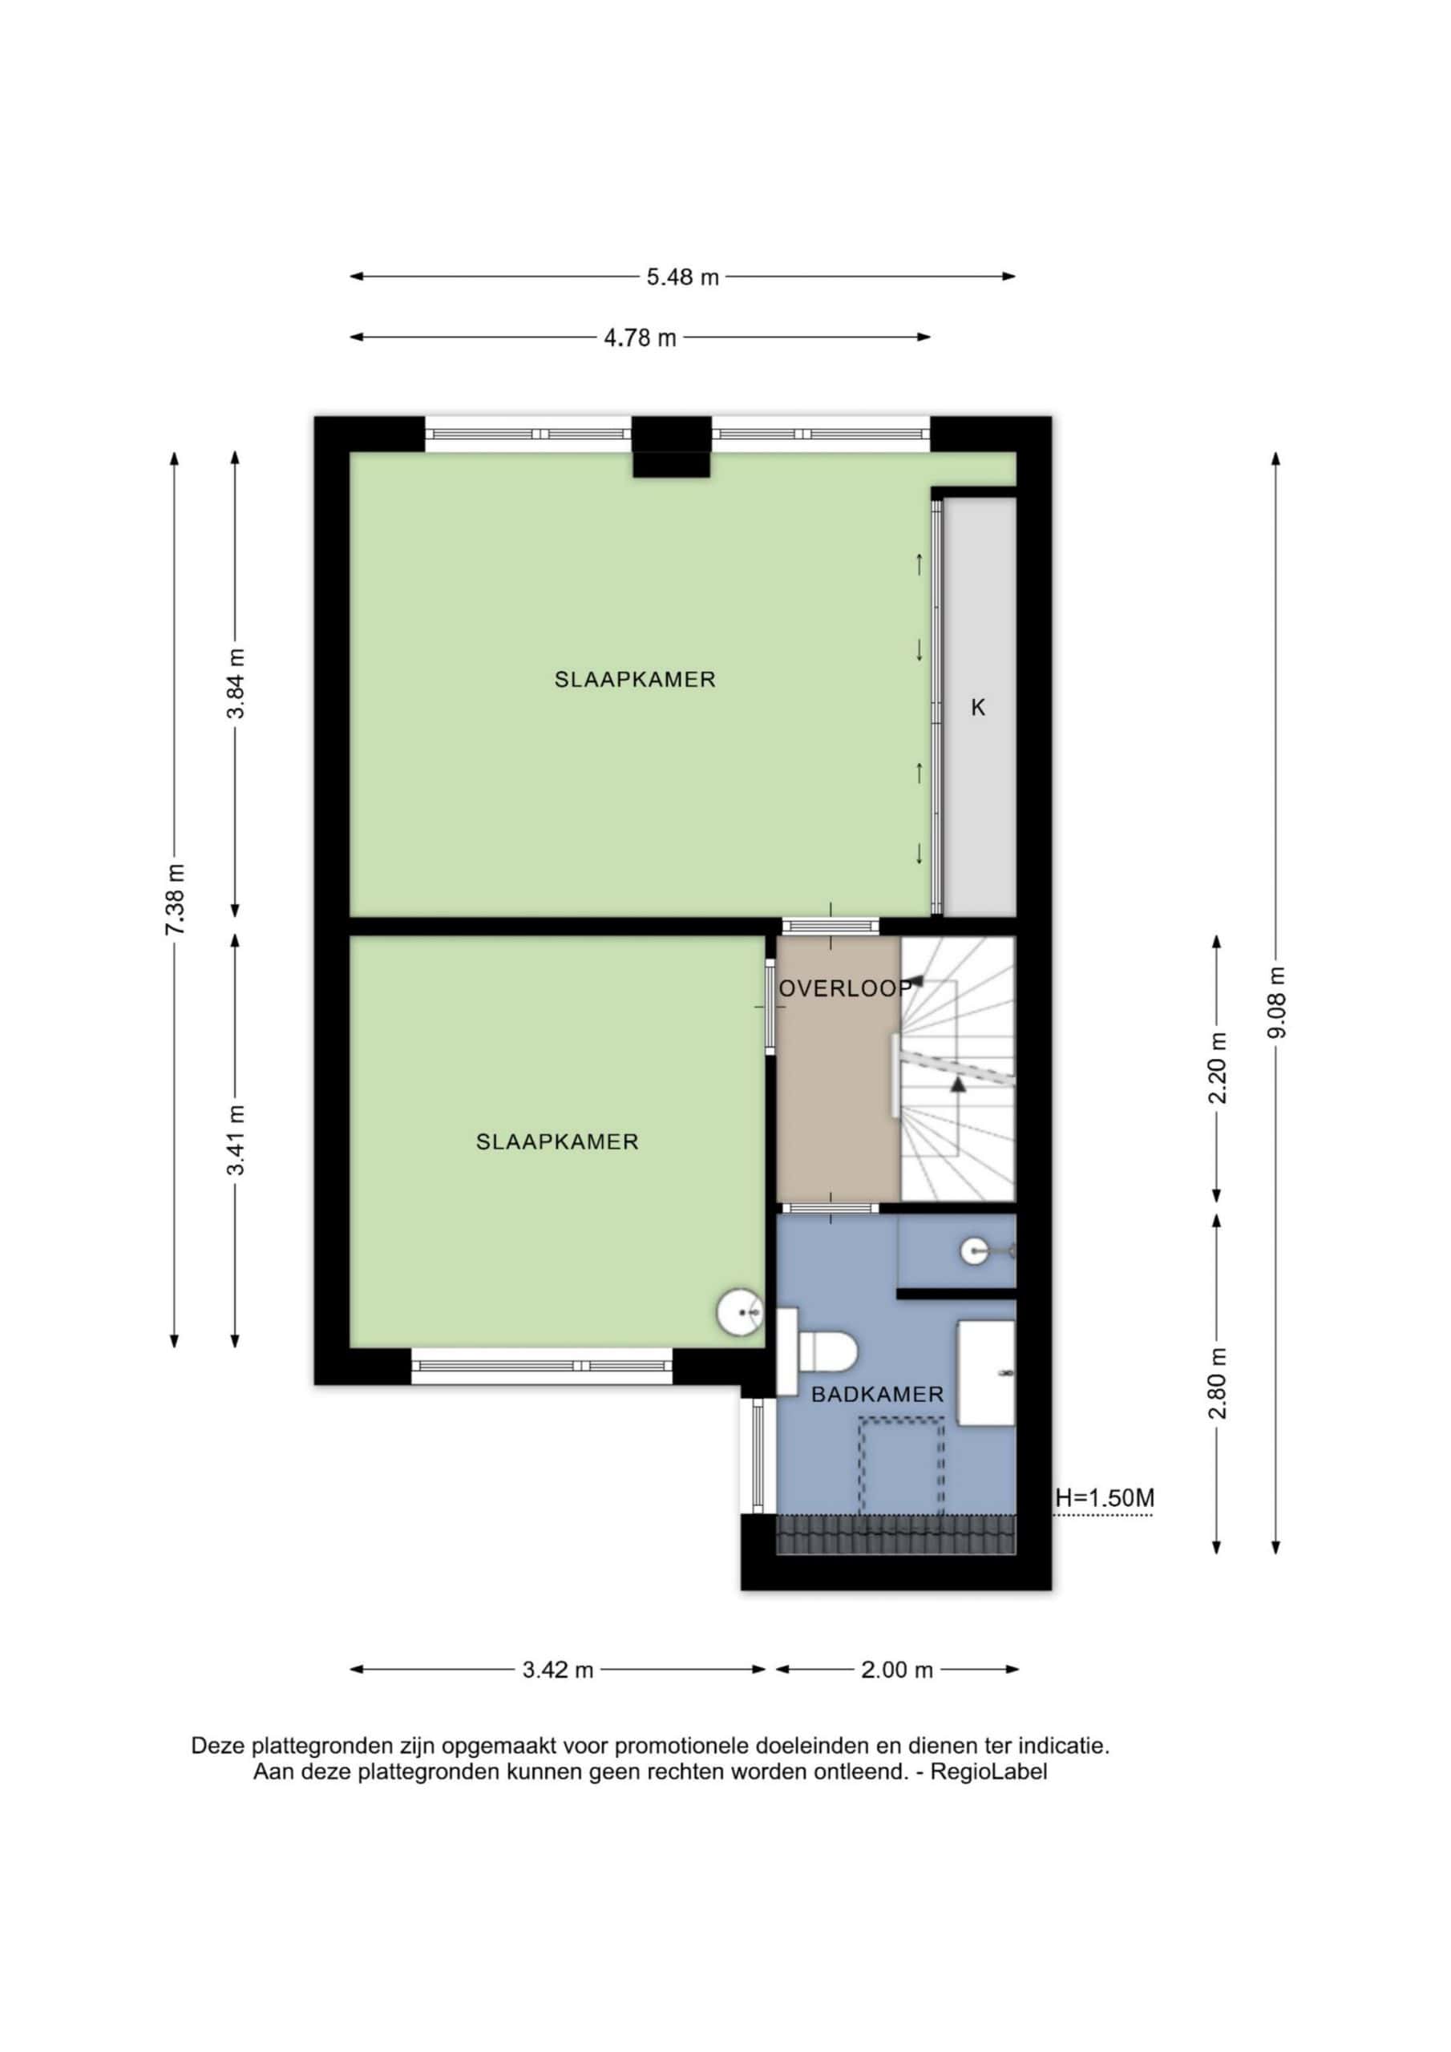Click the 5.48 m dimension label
(683, 277)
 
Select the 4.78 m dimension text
(640, 337)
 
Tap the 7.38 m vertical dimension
(176, 900)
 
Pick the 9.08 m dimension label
(1277, 1002)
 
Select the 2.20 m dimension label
(1217, 1067)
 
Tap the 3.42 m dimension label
(558, 1670)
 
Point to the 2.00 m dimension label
(897, 1670)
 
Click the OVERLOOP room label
(845, 988)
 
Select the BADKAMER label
(877, 1394)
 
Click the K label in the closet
(978, 708)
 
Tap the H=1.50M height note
(1104, 1498)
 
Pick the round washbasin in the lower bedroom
(740, 1312)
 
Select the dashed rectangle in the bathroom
(901, 1466)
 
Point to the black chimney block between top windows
(673, 446)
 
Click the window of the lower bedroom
(542, 1366)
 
